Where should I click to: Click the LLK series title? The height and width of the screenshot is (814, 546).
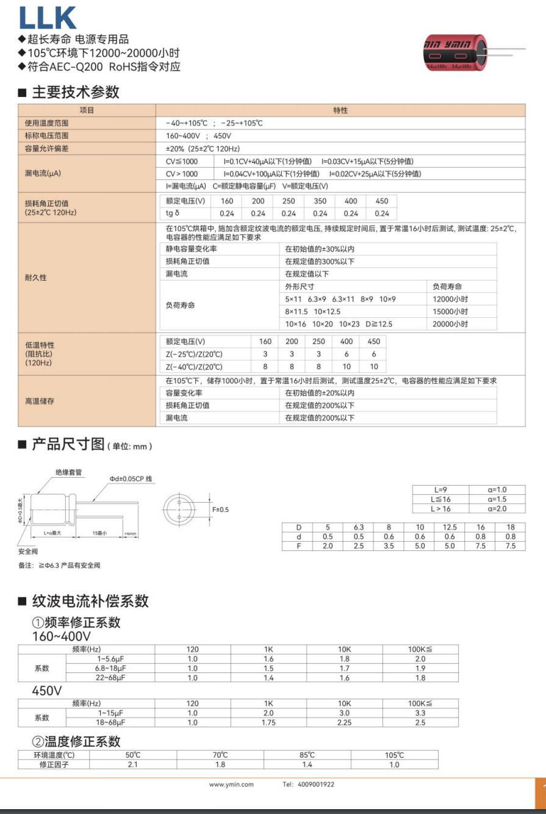pos(48,18)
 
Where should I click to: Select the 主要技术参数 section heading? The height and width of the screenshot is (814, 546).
pos(76,92)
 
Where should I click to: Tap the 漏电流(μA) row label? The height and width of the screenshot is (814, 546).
pos(43,173)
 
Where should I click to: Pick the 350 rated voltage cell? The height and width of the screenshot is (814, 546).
pos(320,201)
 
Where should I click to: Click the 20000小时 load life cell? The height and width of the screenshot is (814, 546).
pos(450,324)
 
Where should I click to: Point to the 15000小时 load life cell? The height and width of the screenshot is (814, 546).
pos(450,312)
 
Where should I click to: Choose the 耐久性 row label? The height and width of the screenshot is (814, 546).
pos(36,278)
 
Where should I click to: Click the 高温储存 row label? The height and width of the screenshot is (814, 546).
pos(39,402)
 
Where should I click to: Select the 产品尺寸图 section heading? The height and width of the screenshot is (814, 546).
pos(68,444)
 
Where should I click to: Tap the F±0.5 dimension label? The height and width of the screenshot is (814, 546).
pos(220,510)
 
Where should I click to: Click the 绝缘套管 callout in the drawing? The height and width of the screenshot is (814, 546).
pos(68,472)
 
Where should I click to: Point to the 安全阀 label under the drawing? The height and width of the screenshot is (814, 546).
pos(28,551)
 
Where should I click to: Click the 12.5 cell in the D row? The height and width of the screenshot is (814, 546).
pos(450,527)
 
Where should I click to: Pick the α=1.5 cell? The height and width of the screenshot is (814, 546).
pos(497,499)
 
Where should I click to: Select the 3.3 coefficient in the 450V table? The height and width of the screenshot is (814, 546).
pos(420,713)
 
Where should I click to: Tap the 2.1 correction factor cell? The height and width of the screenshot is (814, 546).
pos(132,764)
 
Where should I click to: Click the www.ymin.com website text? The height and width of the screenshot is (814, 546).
pos(231,785)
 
